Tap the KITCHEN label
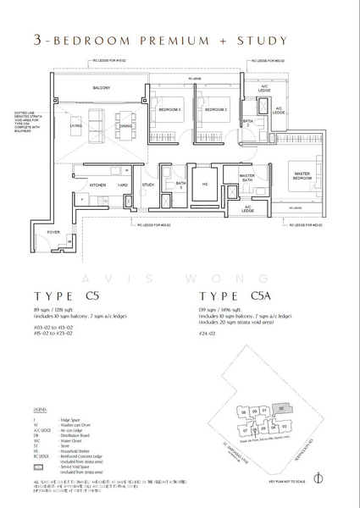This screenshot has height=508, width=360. (x=97, y=184)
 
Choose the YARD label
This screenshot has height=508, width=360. (x=123, y=184)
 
